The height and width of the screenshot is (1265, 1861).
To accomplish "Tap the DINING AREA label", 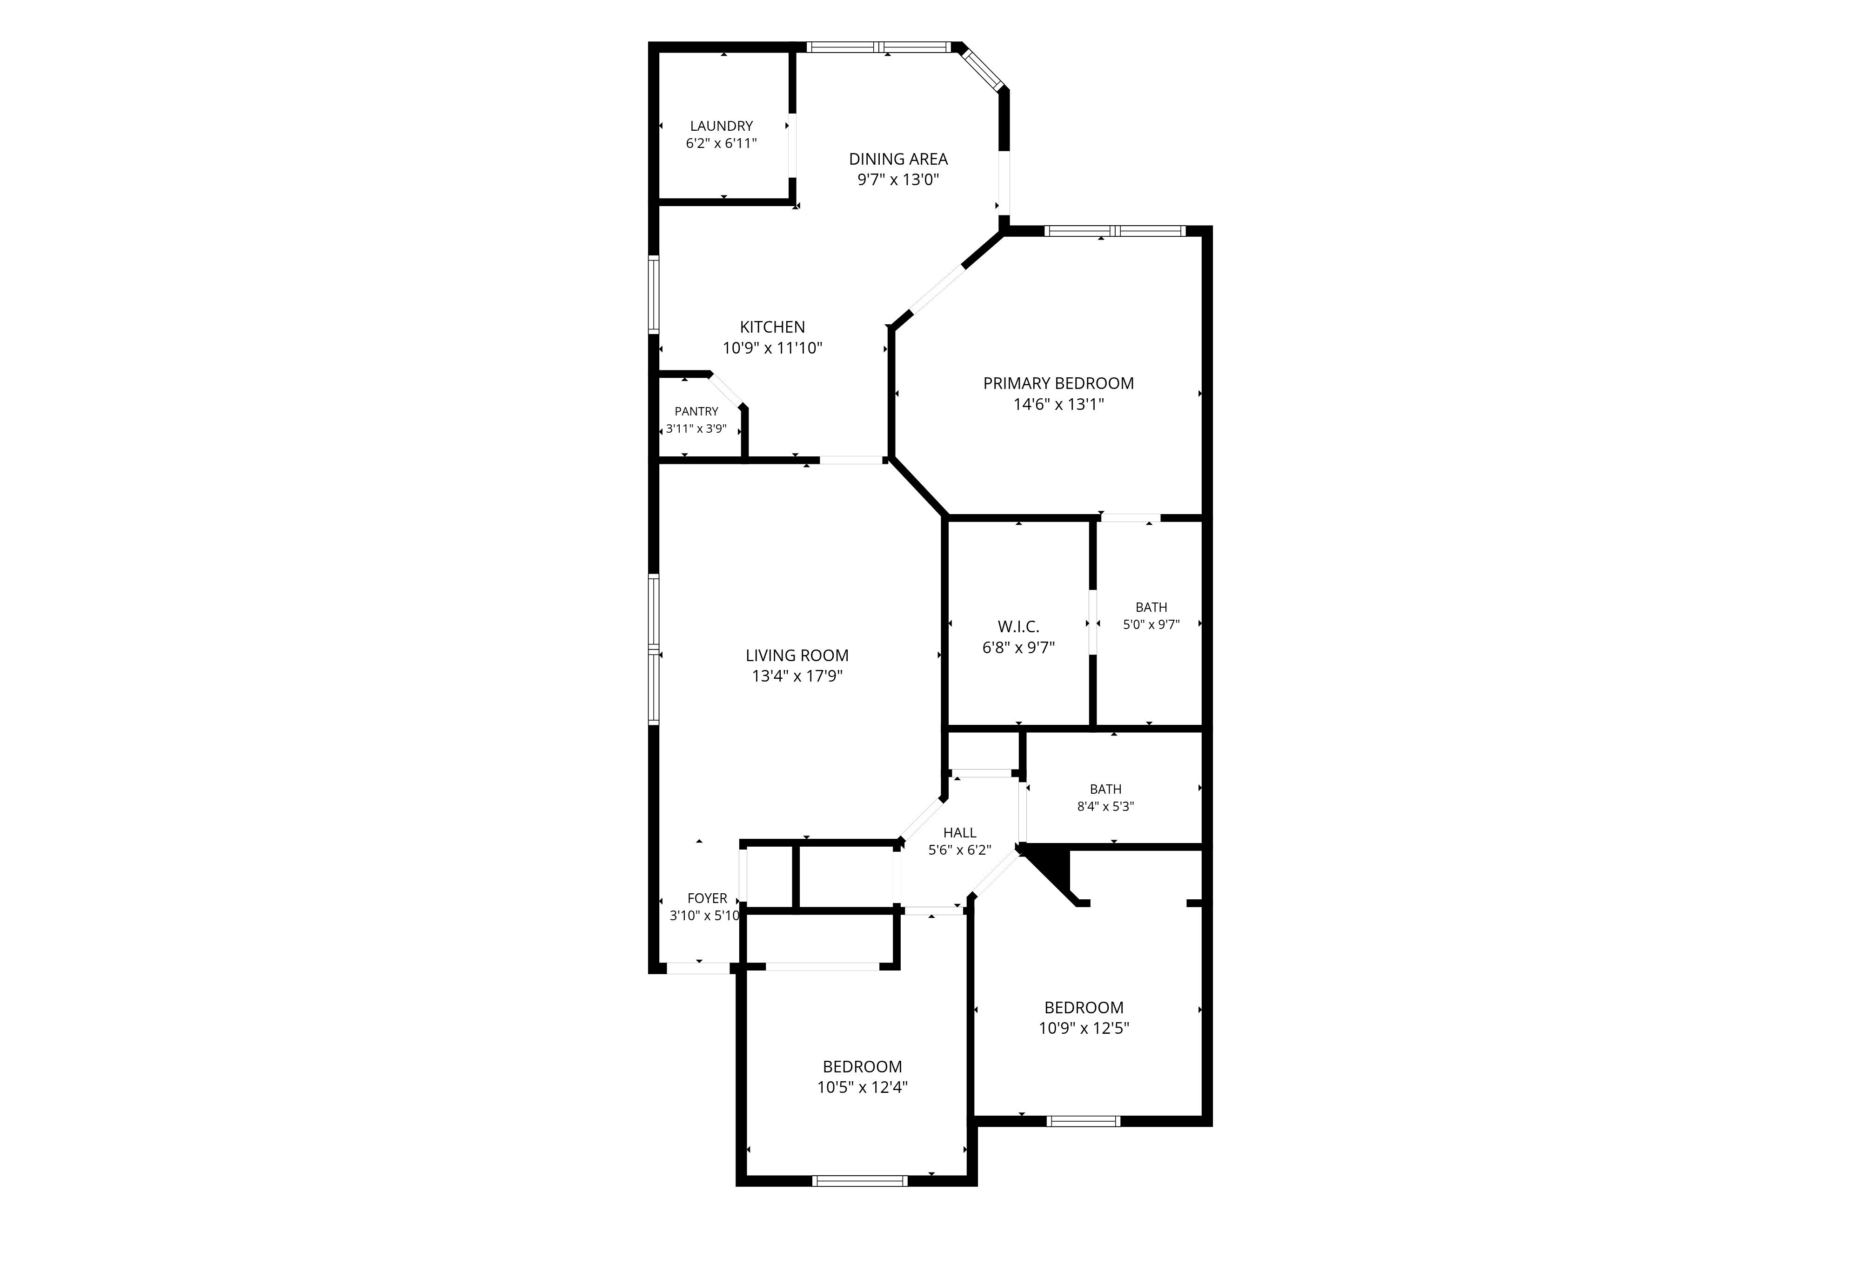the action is [x=898, y=159].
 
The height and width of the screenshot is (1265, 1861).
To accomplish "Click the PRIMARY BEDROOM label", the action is [x=1058, y=383].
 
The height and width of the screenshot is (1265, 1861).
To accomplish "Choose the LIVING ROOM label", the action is [x=797, y=656].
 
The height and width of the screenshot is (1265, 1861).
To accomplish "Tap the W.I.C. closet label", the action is [x=1018, y=627].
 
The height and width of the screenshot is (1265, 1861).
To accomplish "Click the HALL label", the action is [x=959, y=833].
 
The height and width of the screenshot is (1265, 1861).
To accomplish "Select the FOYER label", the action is [x=707, y=898].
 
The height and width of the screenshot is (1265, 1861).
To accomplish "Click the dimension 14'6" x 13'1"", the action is [x=1058, y=404].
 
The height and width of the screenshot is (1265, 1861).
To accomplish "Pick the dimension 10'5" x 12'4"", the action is [x=863, y=1087].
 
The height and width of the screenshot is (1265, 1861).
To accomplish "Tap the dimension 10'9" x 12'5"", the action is [x=1084, y=1028].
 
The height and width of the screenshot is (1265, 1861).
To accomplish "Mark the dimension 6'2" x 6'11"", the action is [x=722, y=143].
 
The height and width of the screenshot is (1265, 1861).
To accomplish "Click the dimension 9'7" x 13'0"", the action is [x=898, y=179].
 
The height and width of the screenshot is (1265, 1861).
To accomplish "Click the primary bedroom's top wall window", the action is [x=1115, y=231].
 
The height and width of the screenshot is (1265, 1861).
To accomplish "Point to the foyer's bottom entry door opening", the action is [x=698, y=967].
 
